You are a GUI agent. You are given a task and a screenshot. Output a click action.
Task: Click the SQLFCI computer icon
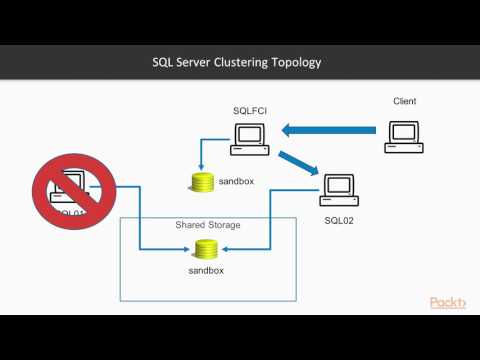[249, 137]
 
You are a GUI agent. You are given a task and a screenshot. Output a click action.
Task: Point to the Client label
[403, 101]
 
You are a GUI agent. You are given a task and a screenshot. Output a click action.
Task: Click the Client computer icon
[403, 136]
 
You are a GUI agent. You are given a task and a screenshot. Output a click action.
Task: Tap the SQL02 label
[340, 218]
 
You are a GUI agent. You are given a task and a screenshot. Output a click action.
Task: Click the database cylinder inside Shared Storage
[206, 249]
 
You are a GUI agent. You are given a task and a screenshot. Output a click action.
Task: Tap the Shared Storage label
[207, 225]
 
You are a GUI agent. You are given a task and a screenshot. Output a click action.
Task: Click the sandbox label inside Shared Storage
[206, 270]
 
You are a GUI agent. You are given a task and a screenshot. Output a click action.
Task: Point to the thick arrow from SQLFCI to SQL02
[298, 162]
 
